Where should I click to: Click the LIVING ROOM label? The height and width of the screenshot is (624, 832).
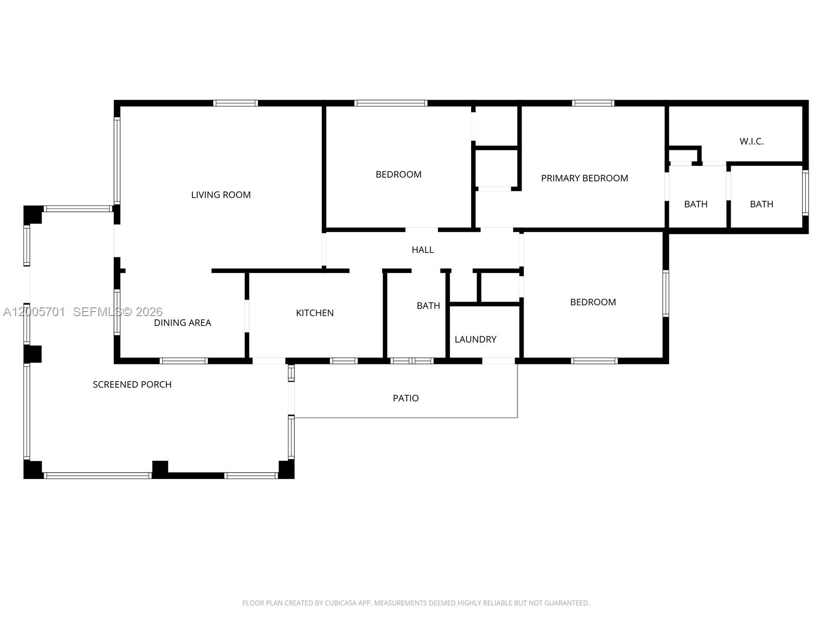click(x=220, y=194)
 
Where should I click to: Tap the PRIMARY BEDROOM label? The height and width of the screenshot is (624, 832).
click(x=584, y=178)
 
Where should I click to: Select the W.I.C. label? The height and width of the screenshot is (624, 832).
click(x=751, y=141)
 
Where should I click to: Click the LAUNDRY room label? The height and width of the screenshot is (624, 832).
click(x=475, y=339)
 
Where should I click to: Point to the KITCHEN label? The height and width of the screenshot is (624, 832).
click(x=315, y=313)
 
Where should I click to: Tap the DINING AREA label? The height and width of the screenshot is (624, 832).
click(x=182, y=322)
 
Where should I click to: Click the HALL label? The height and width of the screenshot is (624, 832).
click(x=422, y=250)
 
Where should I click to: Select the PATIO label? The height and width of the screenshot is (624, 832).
click(x=405, y=398)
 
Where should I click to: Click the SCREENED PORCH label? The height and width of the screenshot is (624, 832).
click(x=132, y=384)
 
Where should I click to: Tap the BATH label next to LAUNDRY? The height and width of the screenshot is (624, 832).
click(x=428, y=305)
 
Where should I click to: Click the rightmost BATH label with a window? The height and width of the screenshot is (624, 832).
click(x=761, y=204)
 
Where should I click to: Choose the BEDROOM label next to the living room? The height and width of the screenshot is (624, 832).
click(x=398, y=174)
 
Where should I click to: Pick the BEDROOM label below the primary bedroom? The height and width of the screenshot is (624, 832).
click(x=592, y=302)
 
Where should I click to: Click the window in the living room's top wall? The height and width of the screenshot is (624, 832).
click(x=235, y=103)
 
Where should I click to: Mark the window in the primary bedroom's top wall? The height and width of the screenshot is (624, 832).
click(x=593, y=103)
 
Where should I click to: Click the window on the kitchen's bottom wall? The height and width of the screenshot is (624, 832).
click(x=344, y=360)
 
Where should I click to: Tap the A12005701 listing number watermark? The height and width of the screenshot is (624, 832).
click(x=34, y=311)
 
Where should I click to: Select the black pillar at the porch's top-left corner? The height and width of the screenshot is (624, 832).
click(x=32, y=214)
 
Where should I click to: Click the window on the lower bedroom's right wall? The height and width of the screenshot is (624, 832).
click(x=665, y=293)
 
